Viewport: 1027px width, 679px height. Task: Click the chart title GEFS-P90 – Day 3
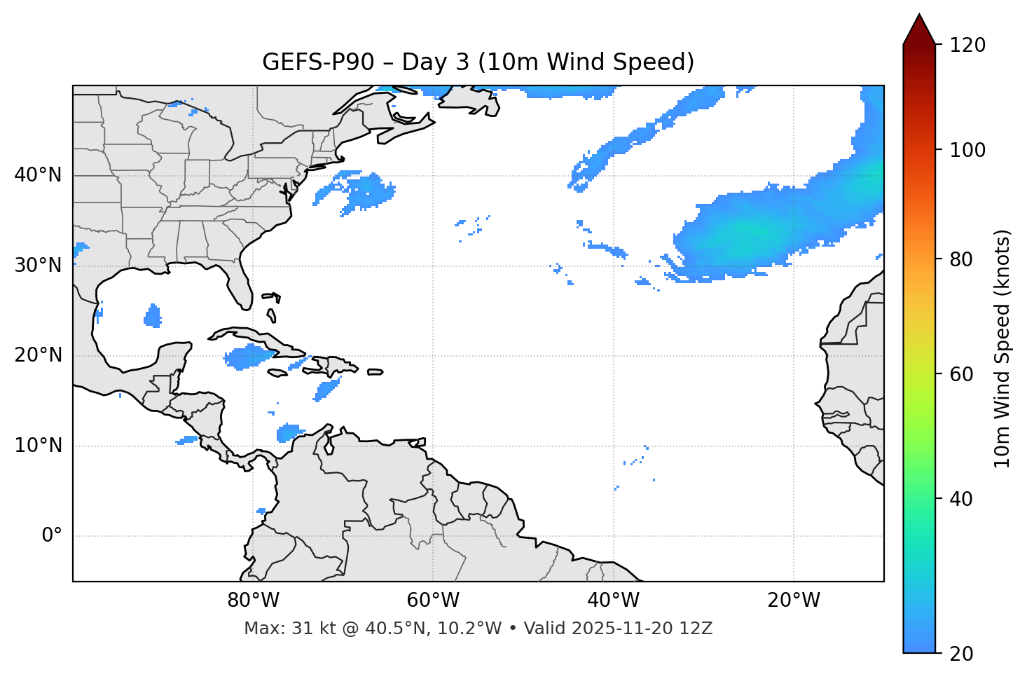(478, 62)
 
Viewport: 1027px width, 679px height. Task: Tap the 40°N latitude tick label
(38, 175)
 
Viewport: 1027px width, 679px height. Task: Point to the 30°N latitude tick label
(38, 266)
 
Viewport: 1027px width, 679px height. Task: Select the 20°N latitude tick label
(38, 355)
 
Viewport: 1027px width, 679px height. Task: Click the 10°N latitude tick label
(38, 446)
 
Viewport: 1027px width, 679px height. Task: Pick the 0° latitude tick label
(52, 536)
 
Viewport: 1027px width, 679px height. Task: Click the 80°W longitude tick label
(253, 601)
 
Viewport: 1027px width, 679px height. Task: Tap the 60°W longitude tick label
(433, 601)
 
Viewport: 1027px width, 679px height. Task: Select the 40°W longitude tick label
(614, 601)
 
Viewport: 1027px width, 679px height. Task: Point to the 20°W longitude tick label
(794, 601)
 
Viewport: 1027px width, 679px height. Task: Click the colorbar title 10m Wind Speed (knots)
(1002, 348)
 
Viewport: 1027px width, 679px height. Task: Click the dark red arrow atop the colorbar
(919, 29)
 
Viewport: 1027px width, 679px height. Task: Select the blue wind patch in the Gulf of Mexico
(153, 317)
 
